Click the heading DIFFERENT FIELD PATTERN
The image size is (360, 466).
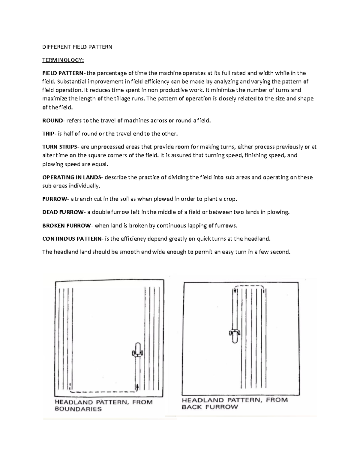click(77, 47)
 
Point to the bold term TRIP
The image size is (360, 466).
click(48, 134)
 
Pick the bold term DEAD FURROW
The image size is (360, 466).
click(63, 212)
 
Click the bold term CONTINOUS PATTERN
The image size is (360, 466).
click(72, 239)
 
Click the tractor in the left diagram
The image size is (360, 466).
click(138, 350)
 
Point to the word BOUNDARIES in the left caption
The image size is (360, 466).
click(78, 409)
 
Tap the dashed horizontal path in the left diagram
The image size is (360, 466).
click(102, 392)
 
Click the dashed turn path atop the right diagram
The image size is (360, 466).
click(249, 286)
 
